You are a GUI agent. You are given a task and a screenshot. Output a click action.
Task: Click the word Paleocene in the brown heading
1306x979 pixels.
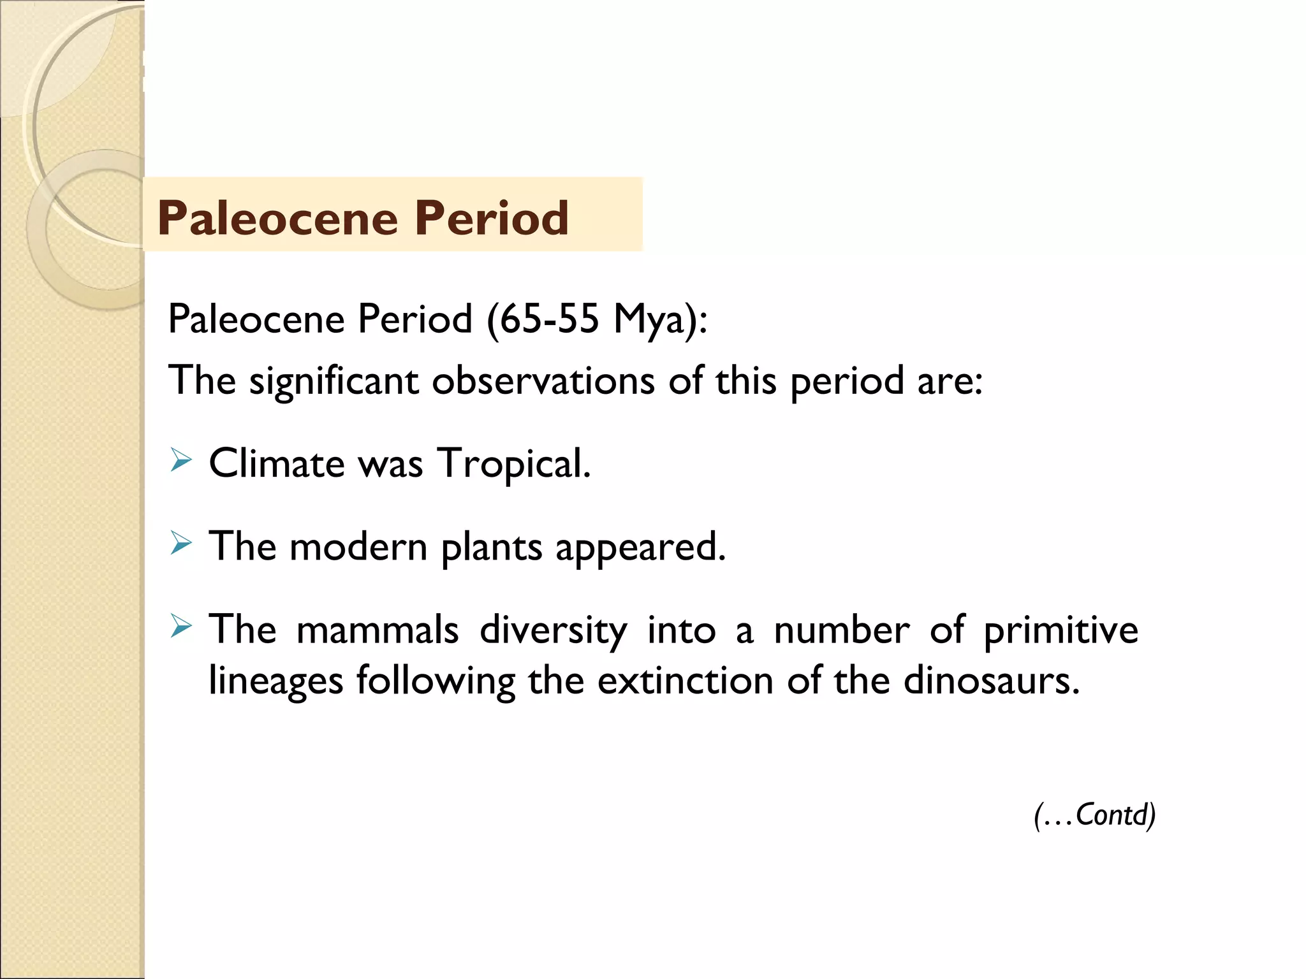[277, 218]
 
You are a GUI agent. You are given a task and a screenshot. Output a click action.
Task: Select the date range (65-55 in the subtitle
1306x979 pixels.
[543, 318]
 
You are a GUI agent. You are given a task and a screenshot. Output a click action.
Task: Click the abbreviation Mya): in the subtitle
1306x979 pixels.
[660, 319]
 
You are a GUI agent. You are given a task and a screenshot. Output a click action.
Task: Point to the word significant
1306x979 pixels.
[334, 381]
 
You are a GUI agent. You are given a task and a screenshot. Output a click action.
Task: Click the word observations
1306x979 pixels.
[543, 381]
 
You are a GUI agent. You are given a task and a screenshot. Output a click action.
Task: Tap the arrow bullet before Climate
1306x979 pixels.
[181, 460]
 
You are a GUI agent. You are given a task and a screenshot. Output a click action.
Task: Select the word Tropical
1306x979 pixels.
[514, 464]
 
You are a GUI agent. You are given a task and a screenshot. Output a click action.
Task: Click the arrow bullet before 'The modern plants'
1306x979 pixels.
[181, 543]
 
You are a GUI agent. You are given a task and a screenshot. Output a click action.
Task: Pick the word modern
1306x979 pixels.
[358, 547]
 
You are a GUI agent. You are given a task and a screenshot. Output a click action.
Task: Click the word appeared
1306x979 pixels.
[640, 548]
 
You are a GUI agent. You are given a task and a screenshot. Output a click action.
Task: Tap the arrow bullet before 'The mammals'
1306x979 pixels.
[181, 627]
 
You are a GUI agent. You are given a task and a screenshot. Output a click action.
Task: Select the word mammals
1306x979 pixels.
[378, 630]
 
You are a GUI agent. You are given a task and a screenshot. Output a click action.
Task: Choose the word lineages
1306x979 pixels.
[275, 681]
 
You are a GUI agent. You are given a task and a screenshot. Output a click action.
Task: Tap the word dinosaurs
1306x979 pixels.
[991, 681]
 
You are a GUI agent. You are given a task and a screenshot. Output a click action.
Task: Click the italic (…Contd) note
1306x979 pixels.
[1094, 815]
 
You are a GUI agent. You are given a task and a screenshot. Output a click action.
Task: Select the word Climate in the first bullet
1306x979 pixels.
[277, 463]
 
